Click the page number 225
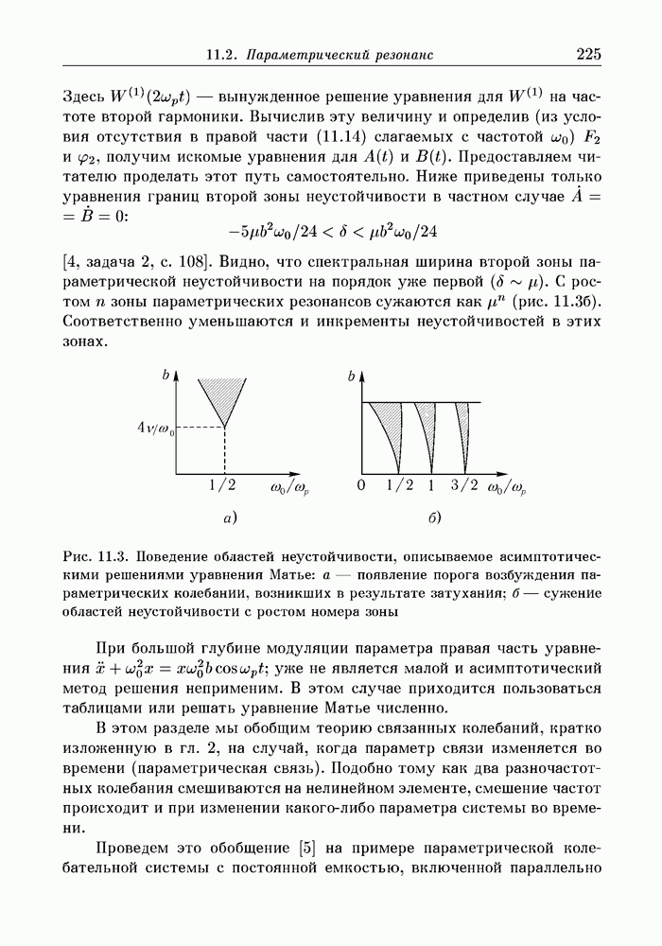pos(588,56)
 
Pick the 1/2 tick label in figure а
pos(223,487)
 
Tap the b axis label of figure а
pos(165,377)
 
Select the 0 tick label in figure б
pos(360,487)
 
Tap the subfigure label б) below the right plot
pos(435,517)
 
